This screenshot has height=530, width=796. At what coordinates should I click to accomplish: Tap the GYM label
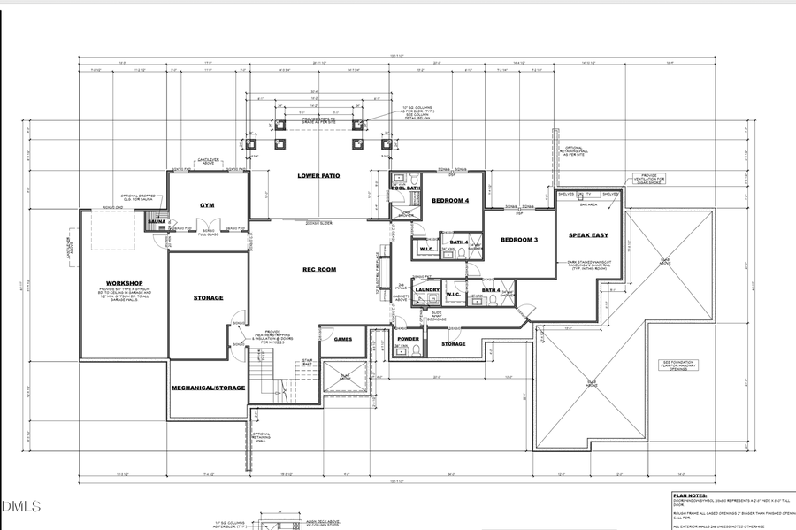208,204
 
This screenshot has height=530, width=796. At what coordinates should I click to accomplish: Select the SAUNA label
157,222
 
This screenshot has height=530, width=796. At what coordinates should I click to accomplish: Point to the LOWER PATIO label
318,175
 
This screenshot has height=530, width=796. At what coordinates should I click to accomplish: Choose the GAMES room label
343,339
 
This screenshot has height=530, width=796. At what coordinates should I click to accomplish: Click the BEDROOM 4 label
450,201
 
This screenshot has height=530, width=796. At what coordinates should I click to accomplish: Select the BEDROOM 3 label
519,240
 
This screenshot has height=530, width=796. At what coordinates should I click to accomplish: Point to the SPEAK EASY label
587,236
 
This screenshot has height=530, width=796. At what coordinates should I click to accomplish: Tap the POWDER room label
408,339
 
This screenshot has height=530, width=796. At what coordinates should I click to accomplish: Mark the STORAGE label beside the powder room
453,344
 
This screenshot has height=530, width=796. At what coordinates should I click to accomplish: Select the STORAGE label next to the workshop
208,298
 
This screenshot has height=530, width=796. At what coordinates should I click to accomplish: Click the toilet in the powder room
416,351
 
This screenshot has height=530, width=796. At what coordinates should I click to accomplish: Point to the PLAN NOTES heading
690,496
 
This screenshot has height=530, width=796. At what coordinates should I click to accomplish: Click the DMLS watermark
21,507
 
